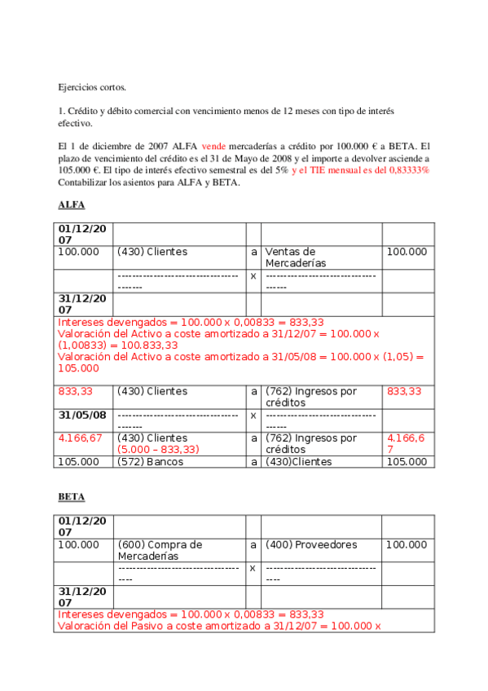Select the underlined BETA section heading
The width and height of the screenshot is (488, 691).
[72, 496]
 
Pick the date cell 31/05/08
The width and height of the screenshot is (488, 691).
[83, 415]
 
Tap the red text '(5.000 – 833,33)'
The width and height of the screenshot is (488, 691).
[159, 450]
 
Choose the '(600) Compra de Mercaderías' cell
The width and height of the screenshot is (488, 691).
[160, 550]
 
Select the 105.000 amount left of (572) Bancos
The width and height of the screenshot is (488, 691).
[79, 462]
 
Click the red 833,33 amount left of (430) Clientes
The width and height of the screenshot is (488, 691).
[75, 392]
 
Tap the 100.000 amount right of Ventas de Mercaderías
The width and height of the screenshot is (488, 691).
[406, 252]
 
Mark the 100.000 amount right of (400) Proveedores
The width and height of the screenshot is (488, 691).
[406, 544]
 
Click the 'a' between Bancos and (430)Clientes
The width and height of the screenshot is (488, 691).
[253, 462]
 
